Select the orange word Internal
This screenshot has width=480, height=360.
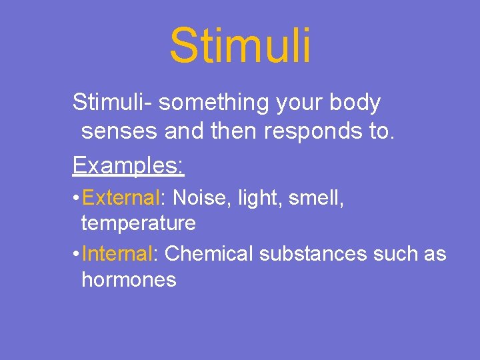[119, 253]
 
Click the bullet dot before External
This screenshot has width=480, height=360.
[78, 199]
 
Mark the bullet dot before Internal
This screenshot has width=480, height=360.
[78, 254]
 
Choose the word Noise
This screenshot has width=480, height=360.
[199, 198]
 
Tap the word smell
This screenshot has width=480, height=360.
[316, 198]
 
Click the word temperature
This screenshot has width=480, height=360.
[139, 223]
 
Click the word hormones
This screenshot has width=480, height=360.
[129, 279]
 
